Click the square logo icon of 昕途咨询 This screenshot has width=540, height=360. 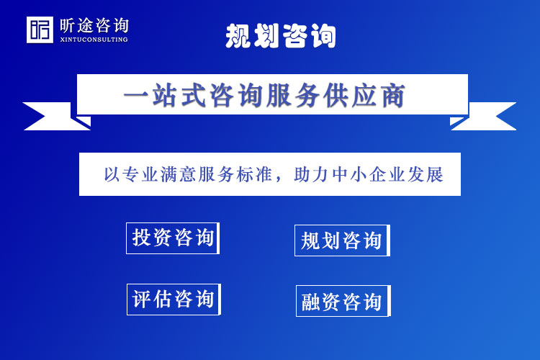pyautogui.click(x=40, y=30)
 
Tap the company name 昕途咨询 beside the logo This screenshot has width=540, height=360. pyautogui.click(x=94, y=25)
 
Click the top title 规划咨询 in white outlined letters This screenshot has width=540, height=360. pyautogui.click(x=281, y=35)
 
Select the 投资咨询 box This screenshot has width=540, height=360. pyautogui.click(x=173, y=238)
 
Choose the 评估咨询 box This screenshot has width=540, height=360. pyautogui.click(x=174, y=299)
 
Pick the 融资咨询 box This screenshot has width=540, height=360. pyautogui.click(x=343, y=301)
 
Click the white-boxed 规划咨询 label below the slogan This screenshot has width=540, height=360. pyautogui.click(x=342, y=240)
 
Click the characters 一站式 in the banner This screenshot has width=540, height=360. pyautogui.click(x=155, y=95)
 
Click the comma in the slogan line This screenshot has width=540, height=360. pyautogui.click(x=284, y=178)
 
